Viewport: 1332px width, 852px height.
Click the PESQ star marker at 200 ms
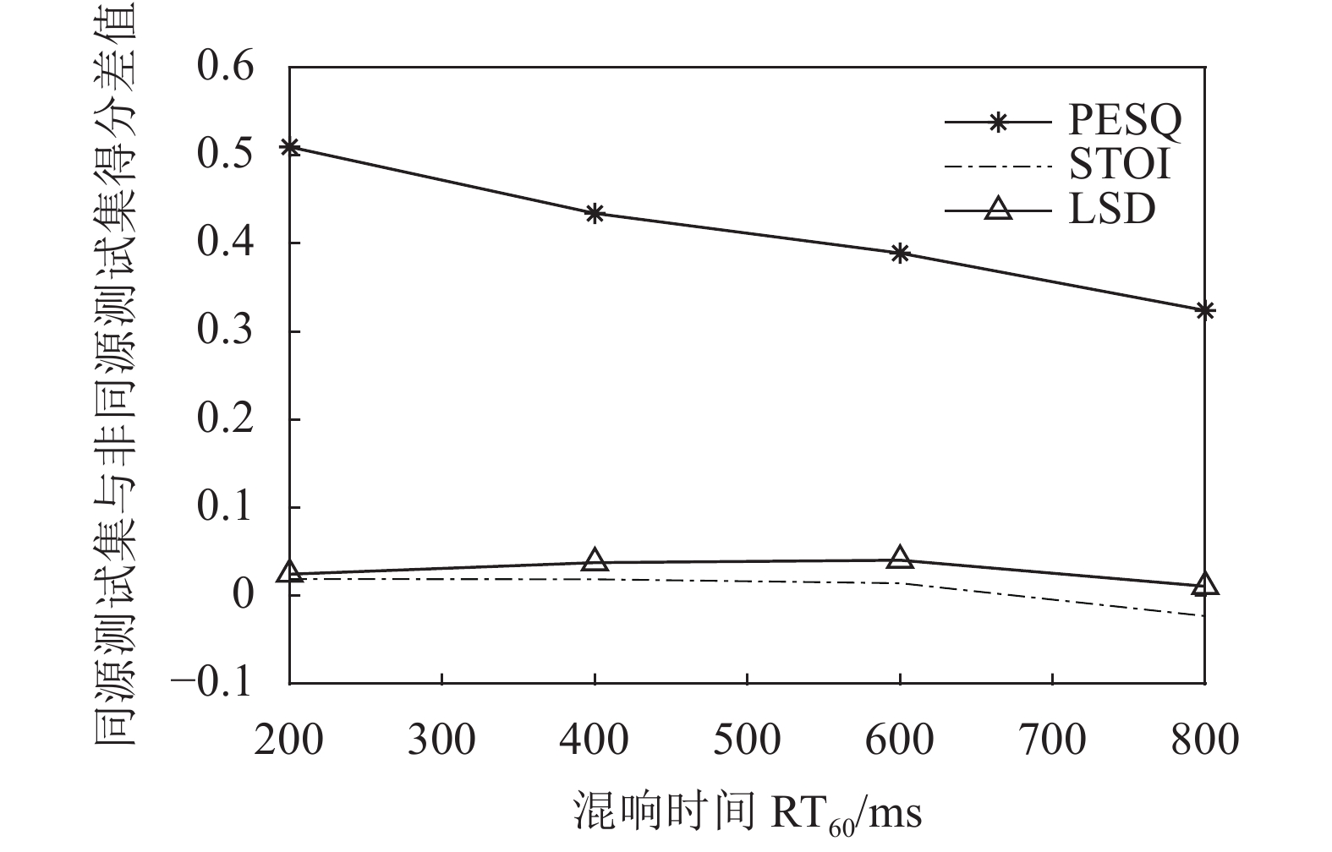(x=290, y=148)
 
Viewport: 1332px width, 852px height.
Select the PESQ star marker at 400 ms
(x=595, y=213)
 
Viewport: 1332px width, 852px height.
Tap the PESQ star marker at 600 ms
(x=900, y=253)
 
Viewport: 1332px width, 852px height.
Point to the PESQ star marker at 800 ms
(x=1205, y=311)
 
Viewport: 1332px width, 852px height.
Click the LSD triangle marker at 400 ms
(x=595, y=560)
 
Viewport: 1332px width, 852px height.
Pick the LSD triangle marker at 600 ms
(x=900, y=557)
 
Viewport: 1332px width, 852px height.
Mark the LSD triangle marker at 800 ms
(x=1205, y=584)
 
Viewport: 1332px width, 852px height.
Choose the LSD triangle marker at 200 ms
(x=290, y=572)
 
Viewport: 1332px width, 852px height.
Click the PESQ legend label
(x=1125, y=121)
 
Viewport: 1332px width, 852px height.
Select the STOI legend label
(x=1120, y=164)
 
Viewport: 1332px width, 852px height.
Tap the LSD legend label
(x=1111, y=208)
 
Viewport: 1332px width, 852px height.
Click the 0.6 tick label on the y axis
(x=225, y=66)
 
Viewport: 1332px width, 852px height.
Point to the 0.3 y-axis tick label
(x=225, y=330)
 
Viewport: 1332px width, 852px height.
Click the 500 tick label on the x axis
(x=747, y=740)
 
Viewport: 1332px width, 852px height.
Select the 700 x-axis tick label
(x=1052, y=740)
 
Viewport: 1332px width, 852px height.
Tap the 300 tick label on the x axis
(x=442, y=740)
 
